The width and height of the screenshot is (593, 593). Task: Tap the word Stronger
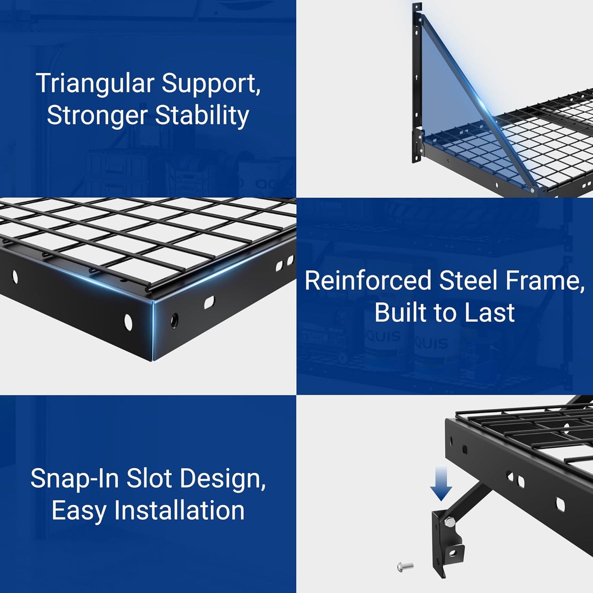click(97, 116)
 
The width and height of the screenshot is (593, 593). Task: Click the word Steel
click(468, 281)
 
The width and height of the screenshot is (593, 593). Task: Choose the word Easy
click(79, 511)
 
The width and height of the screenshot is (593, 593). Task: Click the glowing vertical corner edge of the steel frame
click(153, 330)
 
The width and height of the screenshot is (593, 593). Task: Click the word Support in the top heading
click(211, 84)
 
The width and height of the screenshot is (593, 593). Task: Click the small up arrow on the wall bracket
click(417, 77)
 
